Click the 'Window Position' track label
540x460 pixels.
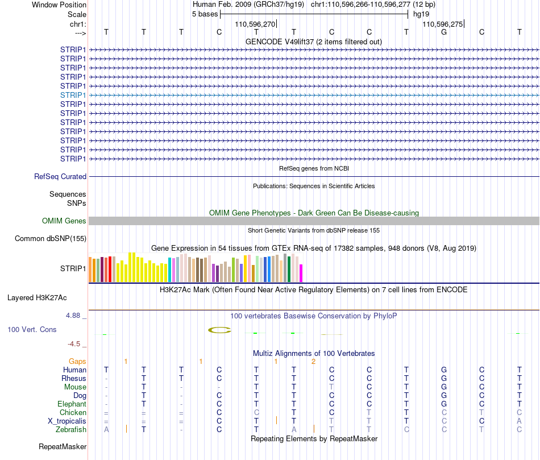(59, 5)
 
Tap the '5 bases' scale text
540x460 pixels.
(205, 14)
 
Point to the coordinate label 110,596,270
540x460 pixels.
(255, 24)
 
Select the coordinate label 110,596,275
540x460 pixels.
(443, 24)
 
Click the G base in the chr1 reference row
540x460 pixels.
(444, 32)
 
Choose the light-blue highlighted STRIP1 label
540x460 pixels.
(73, 95)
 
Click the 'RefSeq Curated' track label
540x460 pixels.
(60, 176)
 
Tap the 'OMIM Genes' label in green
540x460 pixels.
(64, 221)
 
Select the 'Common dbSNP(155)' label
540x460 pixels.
(51, 238)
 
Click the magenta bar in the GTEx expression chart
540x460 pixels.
(301, 273)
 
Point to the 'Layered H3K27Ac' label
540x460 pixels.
(37, 298)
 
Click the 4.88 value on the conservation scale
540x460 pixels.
(73, 315)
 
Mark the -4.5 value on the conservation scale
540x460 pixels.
(74, 343)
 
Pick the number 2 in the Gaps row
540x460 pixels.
(313, 362)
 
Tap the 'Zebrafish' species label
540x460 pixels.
(71, 430)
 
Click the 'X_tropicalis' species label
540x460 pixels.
(67, 421)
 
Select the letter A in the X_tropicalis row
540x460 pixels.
(519, 421)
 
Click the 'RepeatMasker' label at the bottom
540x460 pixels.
(63, 446)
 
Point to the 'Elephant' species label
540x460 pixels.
(72, 404)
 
